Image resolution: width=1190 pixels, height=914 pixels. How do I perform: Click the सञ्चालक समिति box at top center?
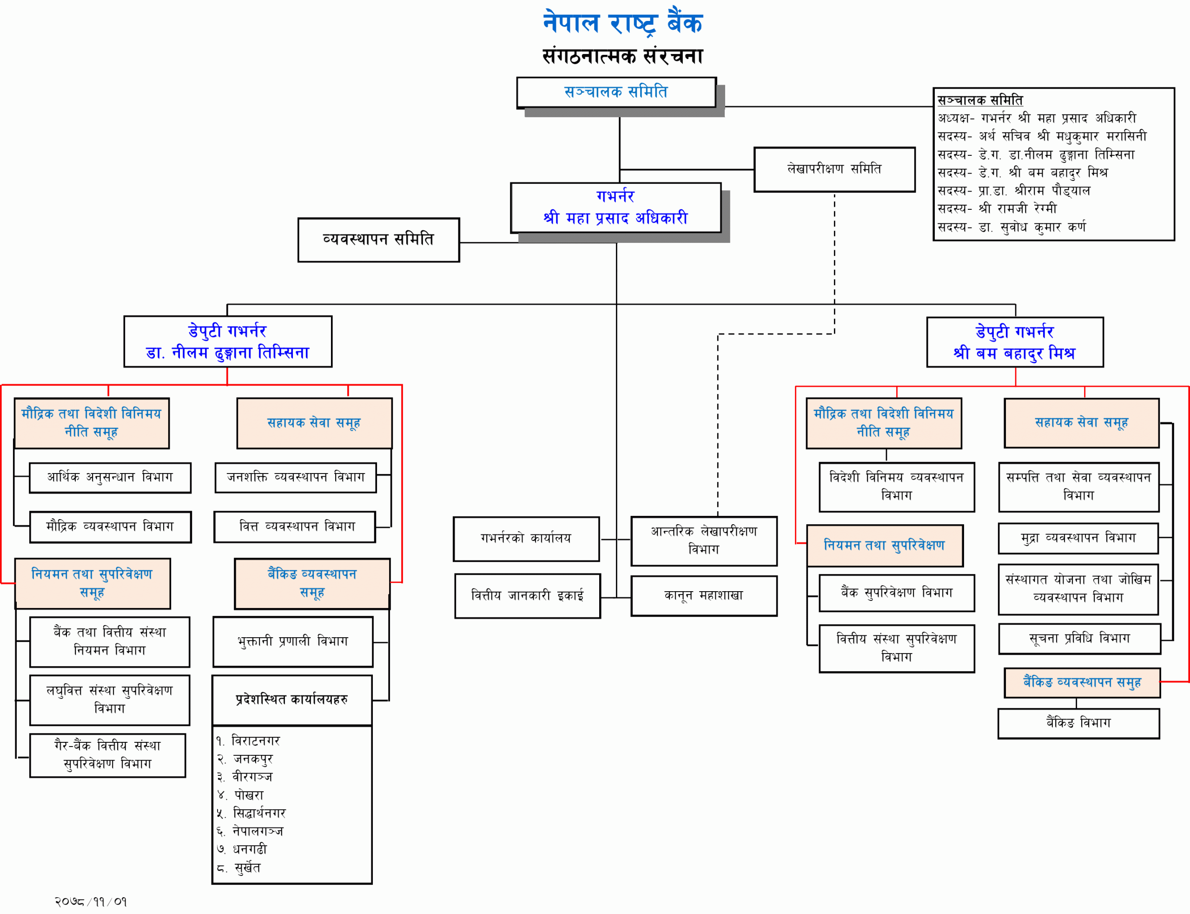click(616, 93)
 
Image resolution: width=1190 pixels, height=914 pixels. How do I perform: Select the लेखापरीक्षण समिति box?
click(834, 169)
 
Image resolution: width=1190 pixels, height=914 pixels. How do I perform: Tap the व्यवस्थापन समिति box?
click(378, 240)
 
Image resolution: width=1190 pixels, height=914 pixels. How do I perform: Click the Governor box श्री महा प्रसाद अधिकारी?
click(615, 208)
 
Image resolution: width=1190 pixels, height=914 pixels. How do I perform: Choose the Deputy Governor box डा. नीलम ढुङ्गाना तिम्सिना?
click(228, 342)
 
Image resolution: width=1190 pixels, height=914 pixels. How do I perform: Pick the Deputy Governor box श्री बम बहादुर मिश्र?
click(1014, 342)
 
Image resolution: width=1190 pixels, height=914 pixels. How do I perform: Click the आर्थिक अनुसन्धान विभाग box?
click(110, 478)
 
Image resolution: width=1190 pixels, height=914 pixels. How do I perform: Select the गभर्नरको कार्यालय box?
click(526, 539)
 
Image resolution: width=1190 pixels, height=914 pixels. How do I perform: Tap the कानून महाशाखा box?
click(703, 596)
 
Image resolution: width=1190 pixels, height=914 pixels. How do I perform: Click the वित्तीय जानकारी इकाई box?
click(527, 596)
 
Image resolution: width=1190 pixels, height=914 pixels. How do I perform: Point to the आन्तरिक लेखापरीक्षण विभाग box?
click(703, 541)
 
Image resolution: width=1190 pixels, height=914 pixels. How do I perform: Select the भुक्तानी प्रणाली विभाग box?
click(293, 641)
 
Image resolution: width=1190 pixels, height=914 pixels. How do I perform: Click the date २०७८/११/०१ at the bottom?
click(91, 901)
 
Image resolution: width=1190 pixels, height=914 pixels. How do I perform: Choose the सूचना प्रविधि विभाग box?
click(1079, 639)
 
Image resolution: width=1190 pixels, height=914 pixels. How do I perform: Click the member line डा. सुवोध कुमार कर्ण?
click(1011, 227)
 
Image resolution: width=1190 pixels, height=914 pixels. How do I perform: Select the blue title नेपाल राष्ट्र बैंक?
click(622, 23)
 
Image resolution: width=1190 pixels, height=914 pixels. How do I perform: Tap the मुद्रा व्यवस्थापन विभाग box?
click(1078, 538)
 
